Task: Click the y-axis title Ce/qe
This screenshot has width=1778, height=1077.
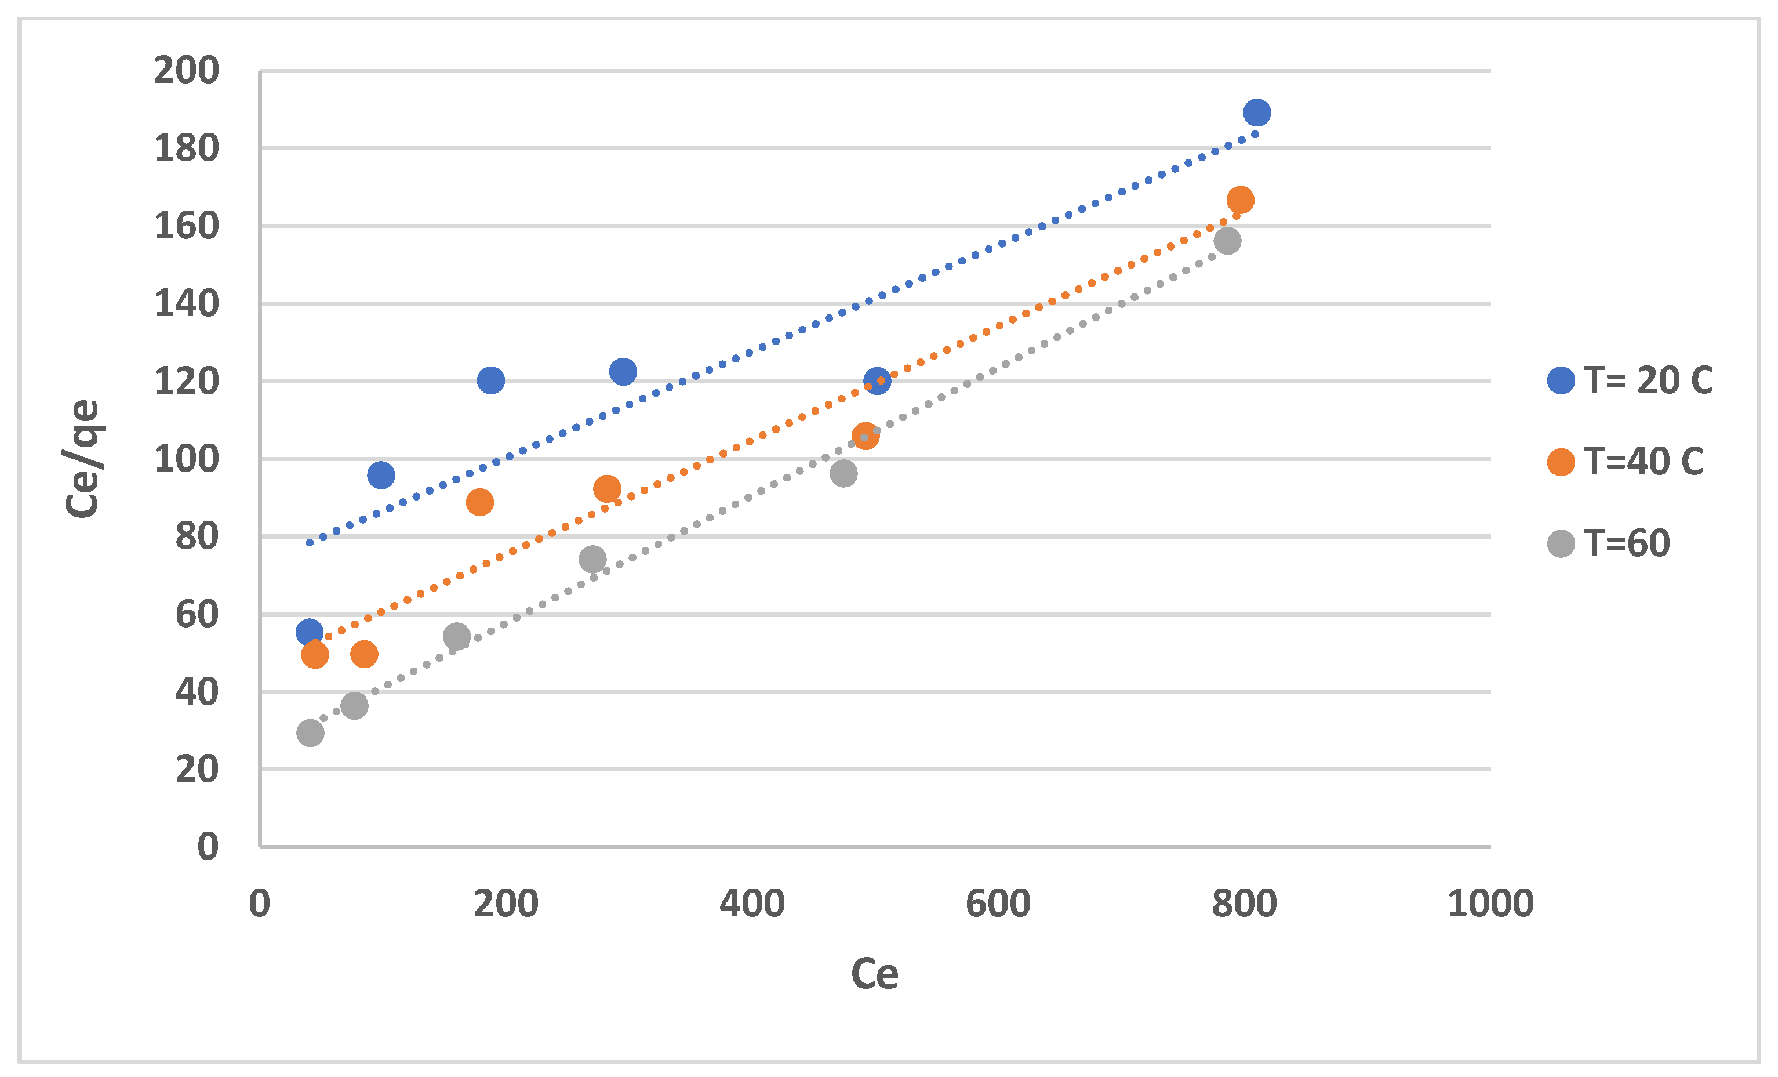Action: coord(82,459)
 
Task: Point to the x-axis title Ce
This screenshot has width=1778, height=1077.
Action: coord(875,974)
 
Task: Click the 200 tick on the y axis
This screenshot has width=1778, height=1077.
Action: coord(186,71)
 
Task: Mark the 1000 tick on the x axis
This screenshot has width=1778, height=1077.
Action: coord(1490,904)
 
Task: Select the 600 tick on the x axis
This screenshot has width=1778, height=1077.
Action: coord(998,904)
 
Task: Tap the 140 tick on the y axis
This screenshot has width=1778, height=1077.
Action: coord(186,304)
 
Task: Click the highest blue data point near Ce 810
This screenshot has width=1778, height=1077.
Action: coord(1257,113)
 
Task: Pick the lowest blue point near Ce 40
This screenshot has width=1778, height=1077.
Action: coord(310,632)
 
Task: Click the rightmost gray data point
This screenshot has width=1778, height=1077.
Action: coord(1227,240)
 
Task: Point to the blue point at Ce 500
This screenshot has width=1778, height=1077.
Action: coord(877,380)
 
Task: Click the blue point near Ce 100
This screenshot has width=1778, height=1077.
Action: coord(381,475)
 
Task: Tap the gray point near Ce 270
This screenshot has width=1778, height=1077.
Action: coord(592,560)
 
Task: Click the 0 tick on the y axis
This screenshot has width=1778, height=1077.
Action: coord(208,847)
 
